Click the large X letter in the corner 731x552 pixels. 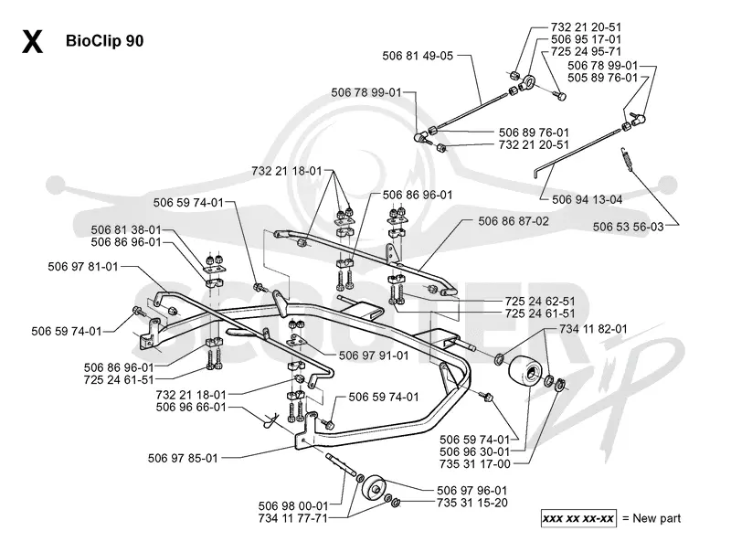pos(32,41)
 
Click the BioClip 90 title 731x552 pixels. pos(104,41)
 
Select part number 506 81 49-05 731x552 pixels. pos(418,56)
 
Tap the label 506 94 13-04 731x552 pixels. pos(587,199)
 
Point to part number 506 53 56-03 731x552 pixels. pos(628,227)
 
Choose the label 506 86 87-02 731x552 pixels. pos(514,221)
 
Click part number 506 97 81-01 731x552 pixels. pos(83,267)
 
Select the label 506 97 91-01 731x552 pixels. pos(374,356)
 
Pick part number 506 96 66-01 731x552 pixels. pos(191,407)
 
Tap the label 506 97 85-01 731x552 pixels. pos(184,458)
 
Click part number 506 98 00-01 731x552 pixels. pos(293,505)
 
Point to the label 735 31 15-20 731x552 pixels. pos(472,503)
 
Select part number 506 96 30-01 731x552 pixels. pos(474,451)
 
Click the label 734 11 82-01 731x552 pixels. pos(593,329)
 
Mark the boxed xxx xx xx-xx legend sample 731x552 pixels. pos(578,518)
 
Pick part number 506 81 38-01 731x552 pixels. pos(126,229)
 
